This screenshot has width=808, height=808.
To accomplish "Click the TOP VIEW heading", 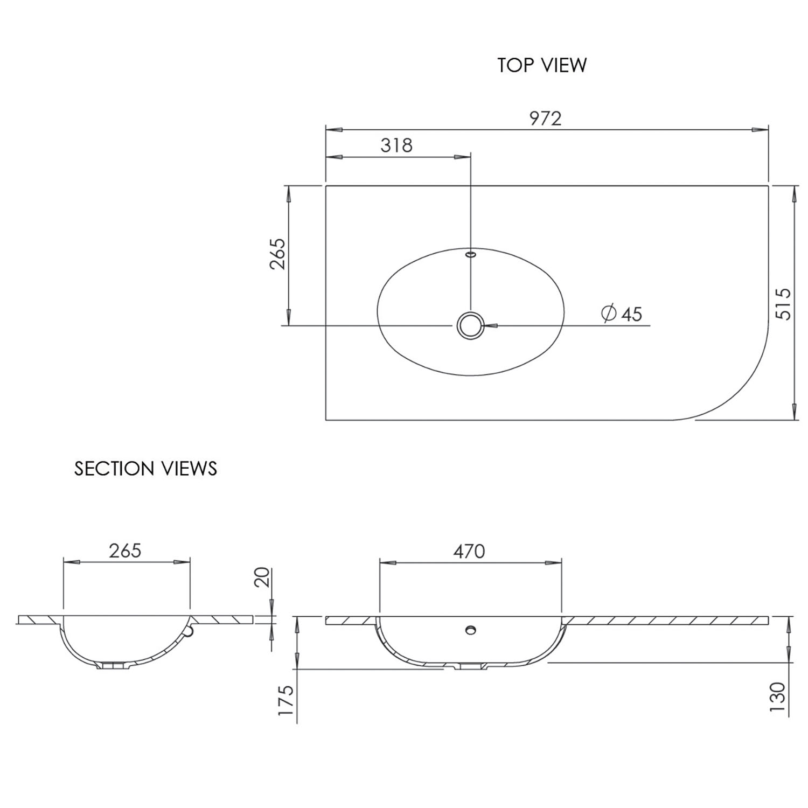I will point(541,65).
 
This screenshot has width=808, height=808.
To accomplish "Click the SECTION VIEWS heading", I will point(145,469).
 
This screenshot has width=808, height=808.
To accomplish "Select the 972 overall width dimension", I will point(545,119).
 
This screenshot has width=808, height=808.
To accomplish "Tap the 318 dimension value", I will point(396,145).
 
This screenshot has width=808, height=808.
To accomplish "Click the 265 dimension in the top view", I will point(278,254).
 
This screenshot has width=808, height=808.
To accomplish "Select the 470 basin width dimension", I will point(469,551).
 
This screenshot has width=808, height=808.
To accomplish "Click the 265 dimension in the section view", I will point(125,551).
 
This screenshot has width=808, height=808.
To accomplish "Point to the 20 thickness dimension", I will point(262,577).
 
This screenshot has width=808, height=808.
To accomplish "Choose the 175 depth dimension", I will point(285,700).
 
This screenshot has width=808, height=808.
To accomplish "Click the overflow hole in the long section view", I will point(471,629).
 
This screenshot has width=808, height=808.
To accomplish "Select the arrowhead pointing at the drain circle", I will point(491,325).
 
